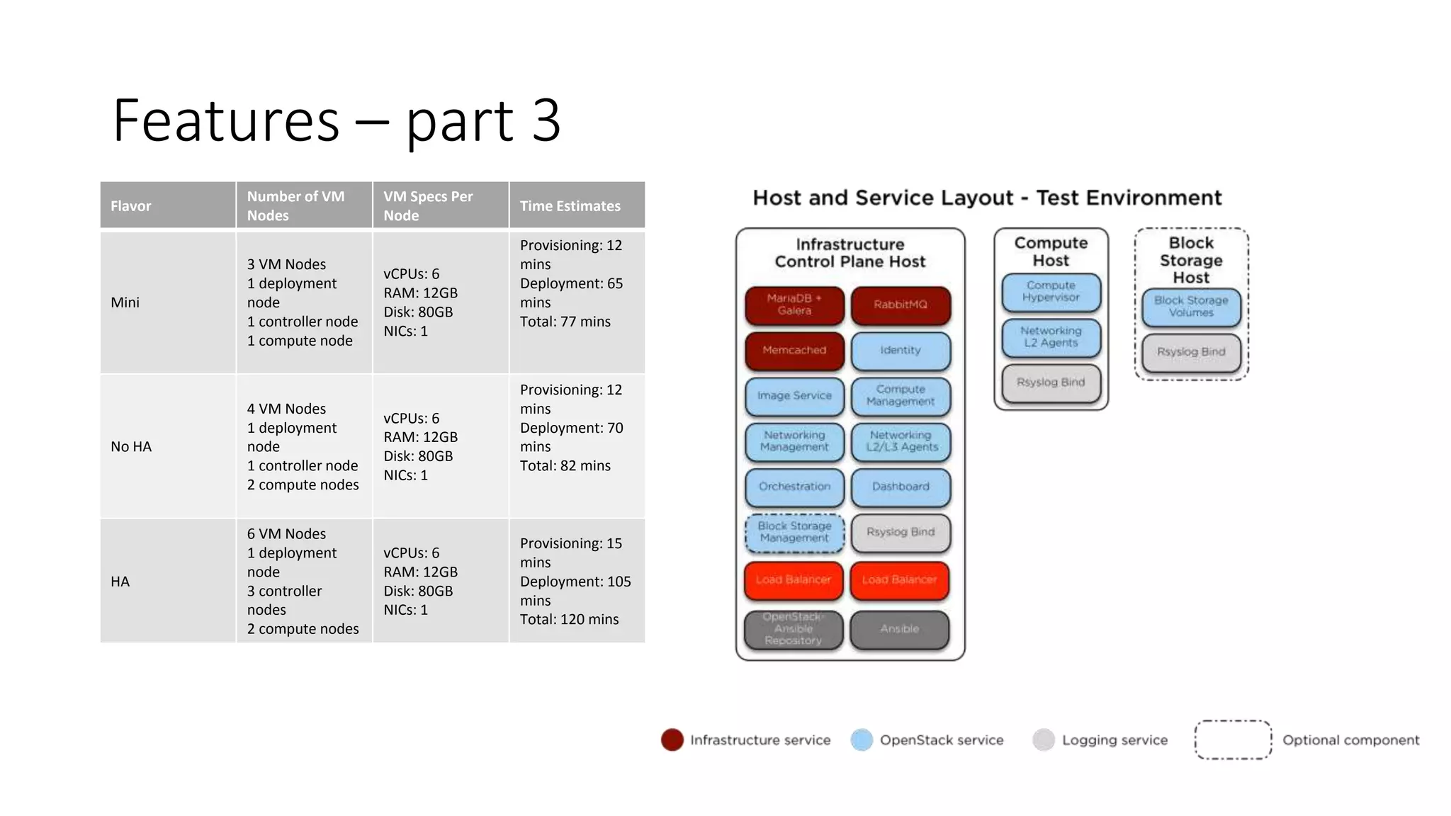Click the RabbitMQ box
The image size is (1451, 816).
900,305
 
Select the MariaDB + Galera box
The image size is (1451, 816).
794,305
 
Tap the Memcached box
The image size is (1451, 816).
794,350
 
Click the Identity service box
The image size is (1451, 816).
900,350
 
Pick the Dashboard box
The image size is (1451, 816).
900,487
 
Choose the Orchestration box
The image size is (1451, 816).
794,487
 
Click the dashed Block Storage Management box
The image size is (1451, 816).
794,532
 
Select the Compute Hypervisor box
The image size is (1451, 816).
1051,291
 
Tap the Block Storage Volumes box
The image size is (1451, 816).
1191,306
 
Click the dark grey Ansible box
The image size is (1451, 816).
899,629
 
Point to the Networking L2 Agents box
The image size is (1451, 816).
1051,336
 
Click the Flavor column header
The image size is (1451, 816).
131,206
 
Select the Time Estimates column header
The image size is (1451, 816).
570,206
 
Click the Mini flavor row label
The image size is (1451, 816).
125,302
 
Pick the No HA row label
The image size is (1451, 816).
131,447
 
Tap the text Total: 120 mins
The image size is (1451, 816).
569,620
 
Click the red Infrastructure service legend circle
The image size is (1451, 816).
672,739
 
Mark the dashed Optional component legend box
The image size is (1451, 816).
1233,739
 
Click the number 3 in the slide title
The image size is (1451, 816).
546,120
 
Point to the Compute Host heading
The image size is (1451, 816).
1051,251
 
